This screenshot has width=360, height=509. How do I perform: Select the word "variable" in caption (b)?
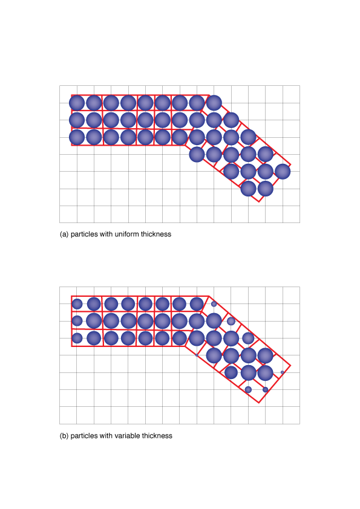[x=128, y=436]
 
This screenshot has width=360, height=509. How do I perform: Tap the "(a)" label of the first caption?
[x=64, y=235]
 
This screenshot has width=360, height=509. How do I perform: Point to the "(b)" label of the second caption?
[x=64, y=436]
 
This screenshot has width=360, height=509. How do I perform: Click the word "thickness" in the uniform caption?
[x=156, y=234]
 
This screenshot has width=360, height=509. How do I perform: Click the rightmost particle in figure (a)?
[x=283, y=172]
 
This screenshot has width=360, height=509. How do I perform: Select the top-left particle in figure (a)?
[x=77, y=103]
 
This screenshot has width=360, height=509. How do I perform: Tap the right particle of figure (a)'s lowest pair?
[x=266, y=189]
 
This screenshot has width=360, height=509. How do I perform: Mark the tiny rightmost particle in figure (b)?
[x=283, y=372]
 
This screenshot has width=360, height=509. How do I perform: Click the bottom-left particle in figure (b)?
[x=77, y=338]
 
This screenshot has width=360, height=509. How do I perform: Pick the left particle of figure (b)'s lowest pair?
[x=248, y=389]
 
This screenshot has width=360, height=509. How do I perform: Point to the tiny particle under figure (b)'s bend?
[x=197, y=355]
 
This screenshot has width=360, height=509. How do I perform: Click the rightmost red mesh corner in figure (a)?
[x=290, y=165]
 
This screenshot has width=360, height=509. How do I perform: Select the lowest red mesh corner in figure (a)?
[x=259, y=201]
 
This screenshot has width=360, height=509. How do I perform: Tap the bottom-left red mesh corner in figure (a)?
[x=71, y=145]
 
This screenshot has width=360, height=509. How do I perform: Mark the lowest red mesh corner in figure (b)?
[x=259, y=403]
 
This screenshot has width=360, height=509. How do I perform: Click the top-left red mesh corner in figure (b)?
[x=71, y=296]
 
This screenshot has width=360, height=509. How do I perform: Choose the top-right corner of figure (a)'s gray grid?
[x=299, y=86]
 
